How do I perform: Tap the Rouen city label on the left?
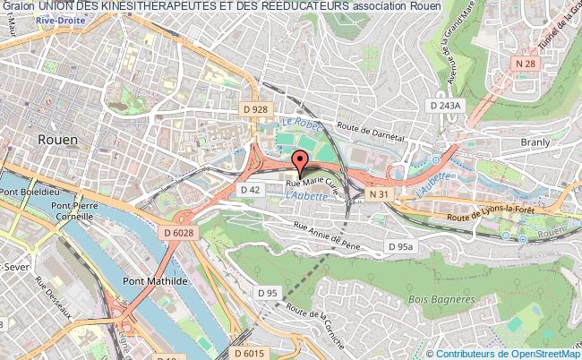tap(58, 140)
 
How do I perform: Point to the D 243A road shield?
tap(445, 106)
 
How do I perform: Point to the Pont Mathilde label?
tap(149, 279)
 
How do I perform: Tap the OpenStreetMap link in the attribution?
tap(543, 354)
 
